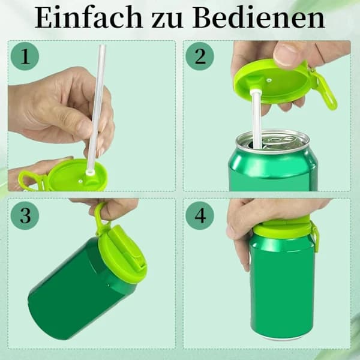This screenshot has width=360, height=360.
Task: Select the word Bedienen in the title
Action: (x=259, y=17)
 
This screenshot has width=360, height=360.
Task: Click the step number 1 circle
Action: (x=25, y=56)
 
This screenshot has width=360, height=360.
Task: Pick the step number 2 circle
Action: (x=200, y=56)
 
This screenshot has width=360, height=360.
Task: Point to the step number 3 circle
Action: (x=25, y=215)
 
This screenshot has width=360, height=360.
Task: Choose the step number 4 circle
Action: (x=200, y=215)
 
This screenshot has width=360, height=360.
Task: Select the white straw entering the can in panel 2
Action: (x=256, y=119)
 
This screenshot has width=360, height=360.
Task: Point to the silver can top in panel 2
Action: (x=273, y=141)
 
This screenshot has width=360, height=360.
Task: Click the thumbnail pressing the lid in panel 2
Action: (x=287, y=53)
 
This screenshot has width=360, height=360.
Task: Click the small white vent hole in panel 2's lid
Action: (x=269, y=80)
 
